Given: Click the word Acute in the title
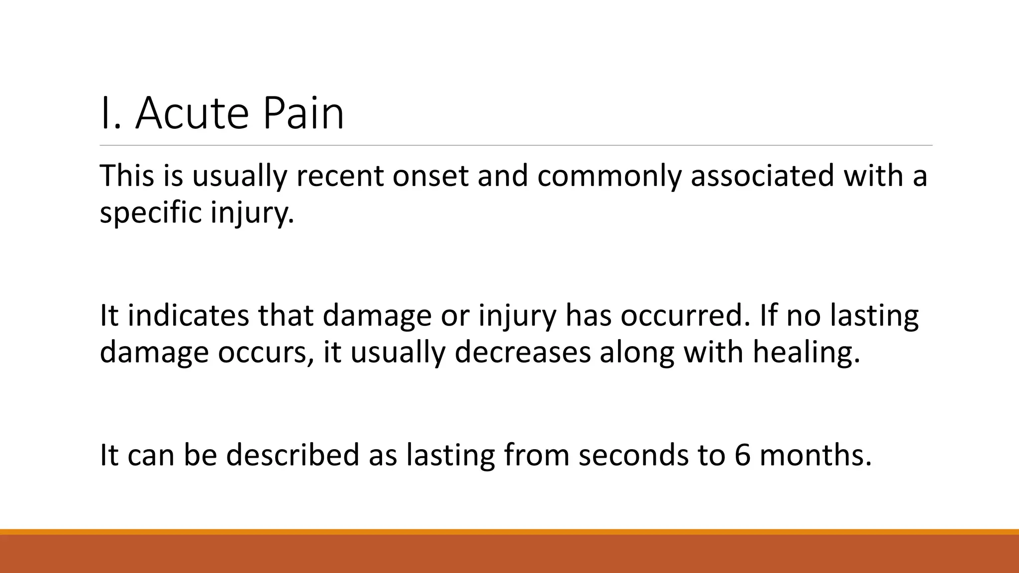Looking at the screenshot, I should (x=191, y=114).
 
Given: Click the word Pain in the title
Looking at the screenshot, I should (x=303, y=114).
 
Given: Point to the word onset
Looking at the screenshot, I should (x=430, y=176).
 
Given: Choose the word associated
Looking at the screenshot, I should (x=762, y=176).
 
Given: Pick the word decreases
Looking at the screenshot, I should (x=522, y=353).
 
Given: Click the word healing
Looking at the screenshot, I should (x=806, y=353).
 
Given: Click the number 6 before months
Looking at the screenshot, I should (x=742, y=455).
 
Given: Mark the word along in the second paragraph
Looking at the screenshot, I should (x=636, y=353).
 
